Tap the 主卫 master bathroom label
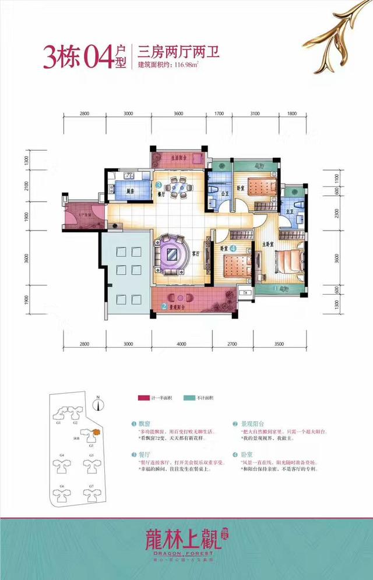[x=290, y=211]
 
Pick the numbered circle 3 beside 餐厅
[x=159, y=185]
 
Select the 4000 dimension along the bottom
[x=183, y=344]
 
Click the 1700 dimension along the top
[x=219, y=114]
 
